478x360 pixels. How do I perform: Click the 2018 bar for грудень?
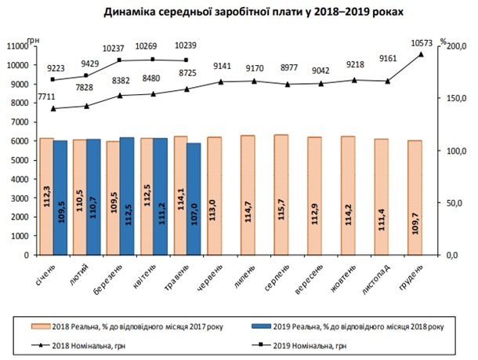(x=415, y=198)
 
